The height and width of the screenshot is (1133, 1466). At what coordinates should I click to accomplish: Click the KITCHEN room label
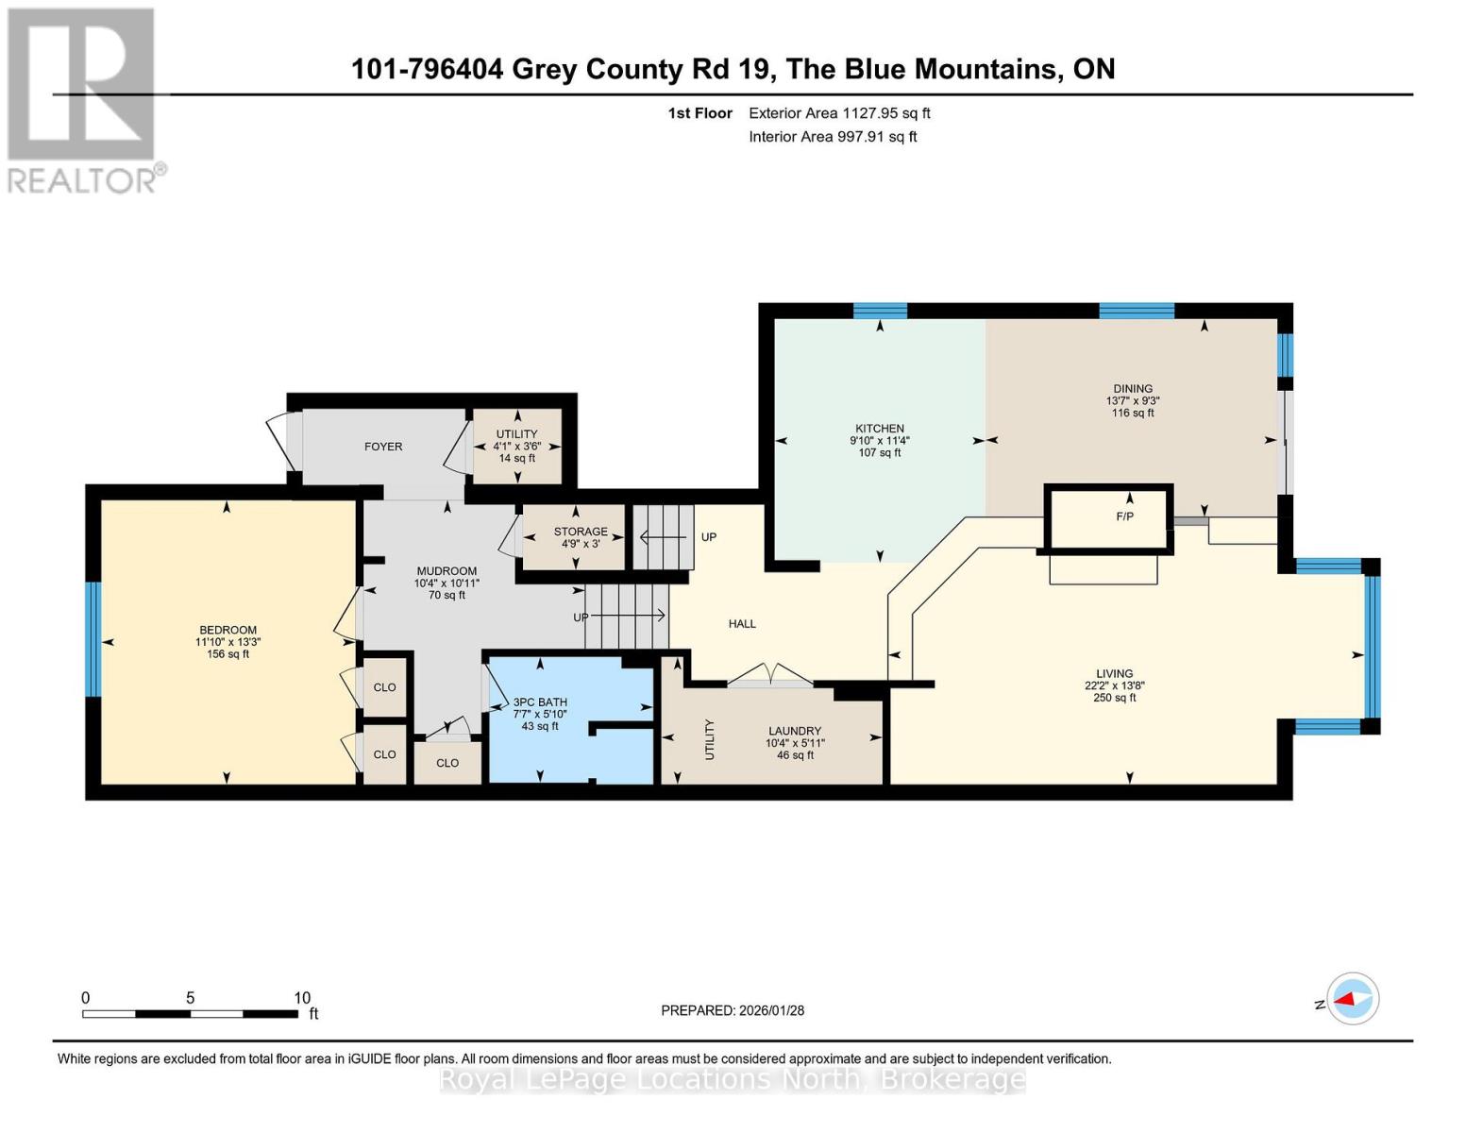[x=879, y=429]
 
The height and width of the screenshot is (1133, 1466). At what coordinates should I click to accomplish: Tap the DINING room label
[x=1132, y=388]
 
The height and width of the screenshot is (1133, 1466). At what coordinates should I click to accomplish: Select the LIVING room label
[x=1114, y=674]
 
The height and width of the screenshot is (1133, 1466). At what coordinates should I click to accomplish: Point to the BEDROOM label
[x=227, y=630]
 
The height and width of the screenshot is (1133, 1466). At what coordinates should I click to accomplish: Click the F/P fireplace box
[x=1123, y=516]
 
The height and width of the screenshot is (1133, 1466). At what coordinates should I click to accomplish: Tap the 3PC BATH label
[x=539, y=702]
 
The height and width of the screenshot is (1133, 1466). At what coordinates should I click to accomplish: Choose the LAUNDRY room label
[x=794, y=731]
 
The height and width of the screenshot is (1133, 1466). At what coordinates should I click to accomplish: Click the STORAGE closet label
[x=580, y=532]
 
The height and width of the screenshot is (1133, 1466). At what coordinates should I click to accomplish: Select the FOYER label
[x=383, y=447]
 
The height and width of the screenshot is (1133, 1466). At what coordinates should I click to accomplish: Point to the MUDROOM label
[x=447, y=571]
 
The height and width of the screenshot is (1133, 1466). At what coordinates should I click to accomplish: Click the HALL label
[x=742, y=623]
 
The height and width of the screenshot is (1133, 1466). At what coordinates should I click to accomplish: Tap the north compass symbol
[x=1352, y=999]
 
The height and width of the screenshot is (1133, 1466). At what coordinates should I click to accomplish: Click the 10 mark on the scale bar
[x=302, y=998]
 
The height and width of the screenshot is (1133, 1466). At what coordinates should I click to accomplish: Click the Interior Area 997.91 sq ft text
[x=833, y=137]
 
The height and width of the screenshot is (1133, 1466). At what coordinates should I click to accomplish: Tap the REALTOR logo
[x=82, y=99]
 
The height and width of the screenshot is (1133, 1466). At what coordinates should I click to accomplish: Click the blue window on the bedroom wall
[x=93, y=639]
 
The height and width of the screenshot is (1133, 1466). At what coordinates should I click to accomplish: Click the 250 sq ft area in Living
[x=1114, y=698]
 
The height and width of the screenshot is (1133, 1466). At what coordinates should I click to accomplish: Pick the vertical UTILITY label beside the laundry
[x=710, y=739]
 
